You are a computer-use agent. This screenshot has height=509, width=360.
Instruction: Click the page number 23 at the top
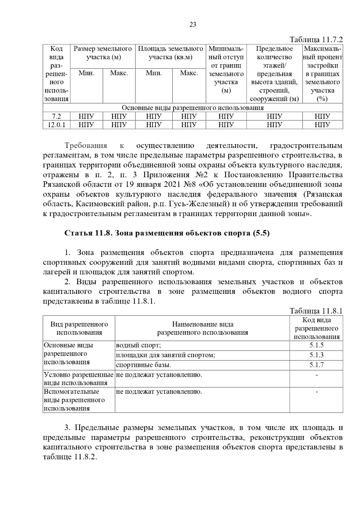click(193, 25)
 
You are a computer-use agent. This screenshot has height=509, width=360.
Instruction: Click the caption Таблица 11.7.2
click(316, 40)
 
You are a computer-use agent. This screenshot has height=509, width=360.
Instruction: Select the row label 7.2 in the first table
click(56, 116)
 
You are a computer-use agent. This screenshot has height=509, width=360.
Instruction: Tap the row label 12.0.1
click(56, 125)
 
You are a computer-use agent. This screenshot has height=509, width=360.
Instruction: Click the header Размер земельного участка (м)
click(103, 53)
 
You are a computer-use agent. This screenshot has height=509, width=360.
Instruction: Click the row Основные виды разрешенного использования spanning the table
click(193, 108)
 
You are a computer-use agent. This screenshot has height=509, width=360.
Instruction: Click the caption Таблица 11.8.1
click(316, 311)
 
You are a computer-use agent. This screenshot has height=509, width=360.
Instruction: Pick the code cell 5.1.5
click(316, 345)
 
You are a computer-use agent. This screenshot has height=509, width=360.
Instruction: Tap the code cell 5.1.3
click(316, 355)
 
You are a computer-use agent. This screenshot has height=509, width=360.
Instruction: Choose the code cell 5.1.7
click(316, 365)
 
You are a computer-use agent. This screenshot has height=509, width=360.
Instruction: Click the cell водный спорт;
click(139, 345)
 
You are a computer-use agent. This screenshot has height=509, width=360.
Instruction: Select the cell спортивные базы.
click(144, 365)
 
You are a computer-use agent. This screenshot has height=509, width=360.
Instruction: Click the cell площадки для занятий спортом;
click(166, 355)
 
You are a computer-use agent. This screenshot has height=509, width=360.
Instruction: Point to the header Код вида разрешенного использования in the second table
click(316, 328)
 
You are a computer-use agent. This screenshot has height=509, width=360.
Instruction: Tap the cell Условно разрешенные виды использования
click(79, 379)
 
